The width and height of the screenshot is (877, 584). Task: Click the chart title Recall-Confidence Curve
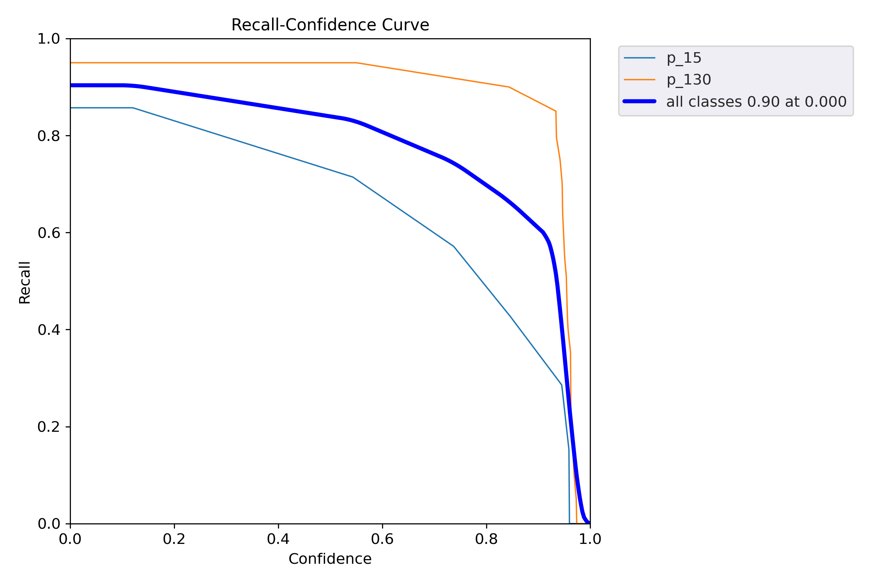click(x=330, y=25)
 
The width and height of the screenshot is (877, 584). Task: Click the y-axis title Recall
click(x=25, y=282)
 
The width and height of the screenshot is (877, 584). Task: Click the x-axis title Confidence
click(x=330, y=559)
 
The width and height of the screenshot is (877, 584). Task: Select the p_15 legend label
click(x=684, y=58)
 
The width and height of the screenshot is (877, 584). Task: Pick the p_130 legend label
click(x=689, y=80)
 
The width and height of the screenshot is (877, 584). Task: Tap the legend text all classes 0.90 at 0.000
click(x=756, y=102)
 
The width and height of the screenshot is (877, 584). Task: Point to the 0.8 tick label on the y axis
click(x=49, y=136)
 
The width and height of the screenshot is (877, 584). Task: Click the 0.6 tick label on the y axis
click(x=49, y=233)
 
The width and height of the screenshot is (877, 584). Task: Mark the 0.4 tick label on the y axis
click(x=49, y=330)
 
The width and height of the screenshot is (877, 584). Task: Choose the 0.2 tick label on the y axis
click(x=49, y=427)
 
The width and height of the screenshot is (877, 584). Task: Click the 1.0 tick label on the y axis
click(x=49, y=39)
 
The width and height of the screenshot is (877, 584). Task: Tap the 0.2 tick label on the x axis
click(x=174, y=539)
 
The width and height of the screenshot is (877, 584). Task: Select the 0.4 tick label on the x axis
click(x=278, y=539)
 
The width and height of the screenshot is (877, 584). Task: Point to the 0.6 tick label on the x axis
click(x=382, y=539)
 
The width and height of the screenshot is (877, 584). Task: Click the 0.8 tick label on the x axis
click(x=486, y=539)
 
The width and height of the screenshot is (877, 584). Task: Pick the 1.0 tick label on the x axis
click(x=590, y=539)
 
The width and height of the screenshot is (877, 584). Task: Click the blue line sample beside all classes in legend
click(x=639, y=101)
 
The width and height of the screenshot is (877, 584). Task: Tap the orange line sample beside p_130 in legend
click(x=639, y=80)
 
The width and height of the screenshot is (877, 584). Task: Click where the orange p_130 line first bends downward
click(x=356, y=63)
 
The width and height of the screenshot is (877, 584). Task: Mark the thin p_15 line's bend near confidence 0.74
click(x=454, y=246)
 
